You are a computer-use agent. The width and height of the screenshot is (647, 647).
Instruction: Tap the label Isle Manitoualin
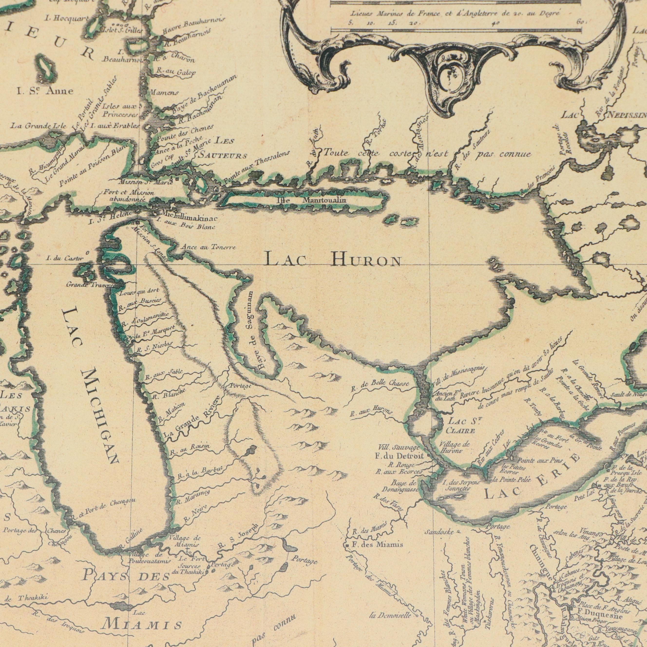(x=312, y=200)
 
